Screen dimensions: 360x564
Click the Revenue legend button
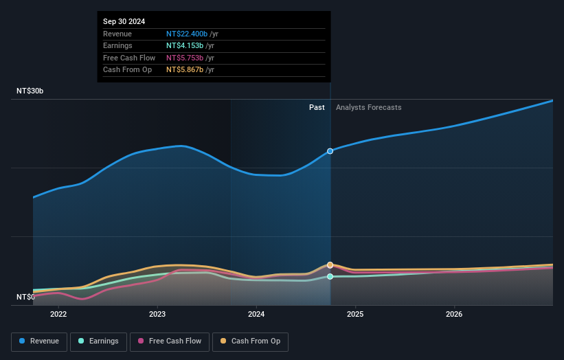(x=40, y=341)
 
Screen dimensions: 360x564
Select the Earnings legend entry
(x=98, y=341)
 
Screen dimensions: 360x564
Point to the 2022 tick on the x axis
(x=58, y=315)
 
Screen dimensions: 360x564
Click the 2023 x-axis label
(x=157, y=315)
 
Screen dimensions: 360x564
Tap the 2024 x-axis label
(x=256, y=315)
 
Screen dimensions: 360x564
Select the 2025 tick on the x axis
(x=355, y=315)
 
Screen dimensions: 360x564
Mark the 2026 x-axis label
(x=454, y=315)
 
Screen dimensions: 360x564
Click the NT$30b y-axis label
(x=30, y=91)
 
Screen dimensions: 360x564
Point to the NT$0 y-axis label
(x=26, y=297)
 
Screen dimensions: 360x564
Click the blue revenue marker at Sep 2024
(x=330, y=151)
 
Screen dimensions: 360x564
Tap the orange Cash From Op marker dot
(x=330, y=265)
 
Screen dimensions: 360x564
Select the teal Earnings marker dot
(x=330, y=276)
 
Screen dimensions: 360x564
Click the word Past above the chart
(x=317, y=107)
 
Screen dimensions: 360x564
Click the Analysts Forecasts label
(x=368, y=107)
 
